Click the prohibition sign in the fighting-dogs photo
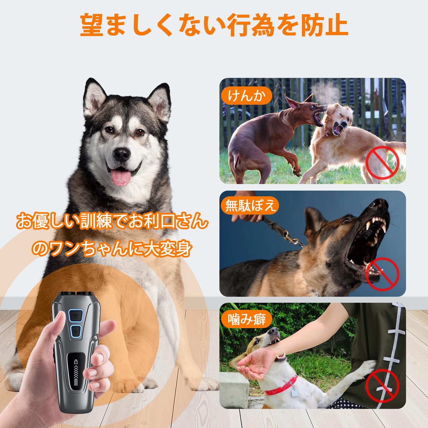point(382,163)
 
